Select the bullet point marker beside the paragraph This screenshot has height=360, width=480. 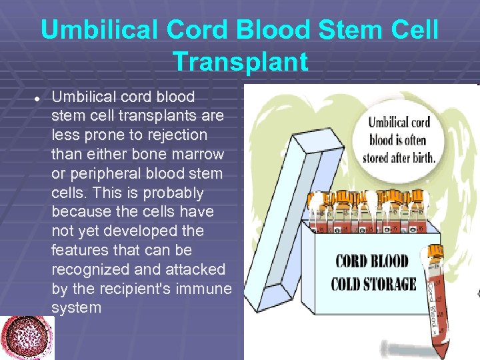38,97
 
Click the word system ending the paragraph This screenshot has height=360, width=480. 76,308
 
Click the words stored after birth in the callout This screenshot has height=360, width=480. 399,159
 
